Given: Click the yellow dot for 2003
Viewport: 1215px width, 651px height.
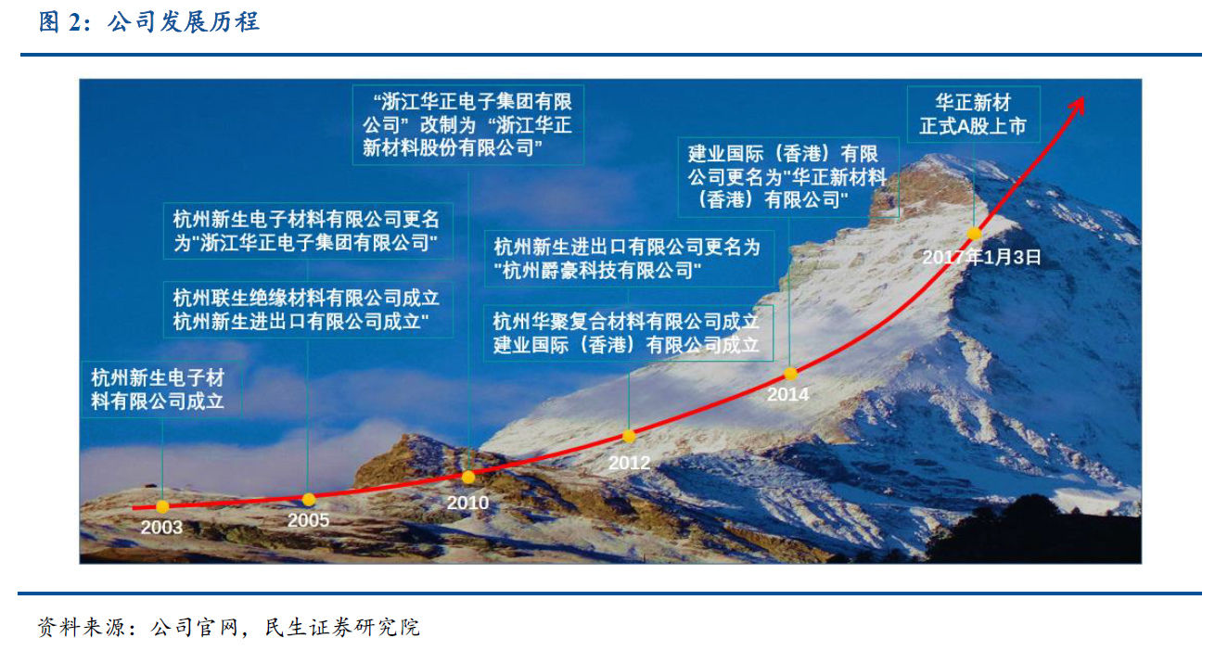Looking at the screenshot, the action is pos(162,506).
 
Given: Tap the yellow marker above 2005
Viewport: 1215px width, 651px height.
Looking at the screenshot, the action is pos(309,500).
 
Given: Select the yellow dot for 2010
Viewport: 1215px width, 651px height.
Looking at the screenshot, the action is pos(468,478).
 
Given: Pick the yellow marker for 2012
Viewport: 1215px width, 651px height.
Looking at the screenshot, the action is pos(629,436).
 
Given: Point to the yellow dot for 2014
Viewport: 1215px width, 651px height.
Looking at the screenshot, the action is pos(790,374).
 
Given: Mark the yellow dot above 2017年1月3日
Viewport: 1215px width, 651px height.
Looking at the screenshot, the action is pos(974,234).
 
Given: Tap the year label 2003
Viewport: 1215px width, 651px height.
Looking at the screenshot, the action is pos(161,528).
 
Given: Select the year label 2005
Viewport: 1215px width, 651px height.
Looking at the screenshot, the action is pos(308,520).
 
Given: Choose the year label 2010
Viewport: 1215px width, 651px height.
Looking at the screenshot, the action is pos(467,503).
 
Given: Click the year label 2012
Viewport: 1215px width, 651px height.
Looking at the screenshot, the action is pos(629,463).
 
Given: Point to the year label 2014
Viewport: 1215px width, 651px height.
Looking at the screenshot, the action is pos(787,394).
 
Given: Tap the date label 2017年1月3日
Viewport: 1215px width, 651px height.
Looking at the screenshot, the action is pos(982,257).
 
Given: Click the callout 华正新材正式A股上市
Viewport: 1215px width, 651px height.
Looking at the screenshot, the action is pos(974,114).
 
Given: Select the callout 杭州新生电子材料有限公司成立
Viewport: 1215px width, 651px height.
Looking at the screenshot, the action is pos(161,389).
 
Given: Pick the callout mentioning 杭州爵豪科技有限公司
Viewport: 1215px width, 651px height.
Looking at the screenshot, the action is pos(629,259).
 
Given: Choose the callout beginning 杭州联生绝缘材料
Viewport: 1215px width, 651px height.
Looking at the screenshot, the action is pos(308,310).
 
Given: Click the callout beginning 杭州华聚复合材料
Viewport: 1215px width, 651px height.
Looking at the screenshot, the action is pos(628,333).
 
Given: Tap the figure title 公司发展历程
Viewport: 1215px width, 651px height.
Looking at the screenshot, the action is pos(184,22).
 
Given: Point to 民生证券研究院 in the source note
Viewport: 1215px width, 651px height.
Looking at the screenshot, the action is pos(342,627).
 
